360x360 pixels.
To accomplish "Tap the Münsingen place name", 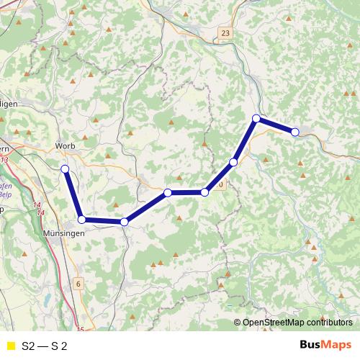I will click(63, 234).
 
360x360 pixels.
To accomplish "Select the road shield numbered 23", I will click(228, 33).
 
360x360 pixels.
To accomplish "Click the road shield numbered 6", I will click(78, 284).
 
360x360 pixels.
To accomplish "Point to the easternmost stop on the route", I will click(295, 132).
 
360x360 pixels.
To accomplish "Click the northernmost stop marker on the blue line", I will click(256, 118).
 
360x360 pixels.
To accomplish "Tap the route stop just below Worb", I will click(65, 169).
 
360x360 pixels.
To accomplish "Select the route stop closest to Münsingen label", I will click(82, 219).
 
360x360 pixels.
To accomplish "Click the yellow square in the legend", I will click(10, 346).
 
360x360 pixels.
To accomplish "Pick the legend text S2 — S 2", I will click(45, 346).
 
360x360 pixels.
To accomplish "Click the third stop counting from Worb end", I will click(125, 222).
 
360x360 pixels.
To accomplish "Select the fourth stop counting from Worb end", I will click(167, 192).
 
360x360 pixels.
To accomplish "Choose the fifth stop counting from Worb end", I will click(205, 192).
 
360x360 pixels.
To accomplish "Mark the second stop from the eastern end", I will click(256, 118).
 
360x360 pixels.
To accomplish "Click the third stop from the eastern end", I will click(233, 163).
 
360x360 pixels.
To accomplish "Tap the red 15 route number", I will click(81, 329).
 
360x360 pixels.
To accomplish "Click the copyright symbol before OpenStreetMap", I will click(238, 323).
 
